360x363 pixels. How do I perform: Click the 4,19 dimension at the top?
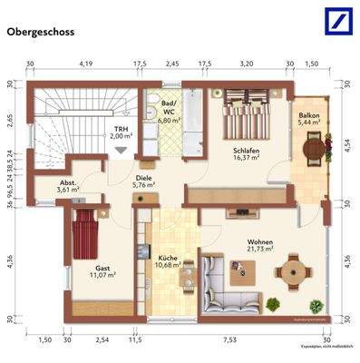pyautogui.click(x=86, y=64)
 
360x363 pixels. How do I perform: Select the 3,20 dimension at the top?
pyautogui.click(x=246, y=64)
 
